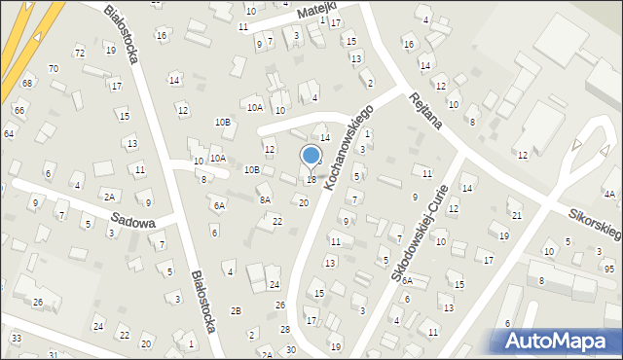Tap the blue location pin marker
point(311,157)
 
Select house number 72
point(80,52)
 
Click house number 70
point(54,68)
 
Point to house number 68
point(27,83)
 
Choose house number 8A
point(264,198)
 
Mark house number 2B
point(236,310)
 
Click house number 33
point(17,338)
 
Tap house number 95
point(608,268)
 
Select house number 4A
point(609,194)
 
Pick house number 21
point(516,215)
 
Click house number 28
point(284,328)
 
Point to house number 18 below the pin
point(311,180)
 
